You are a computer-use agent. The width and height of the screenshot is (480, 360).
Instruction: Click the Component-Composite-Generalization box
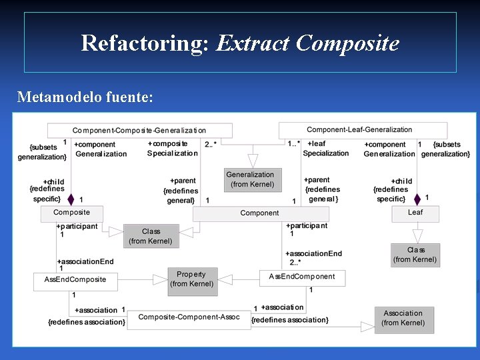139,131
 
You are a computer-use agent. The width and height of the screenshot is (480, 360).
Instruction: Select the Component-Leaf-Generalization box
359,130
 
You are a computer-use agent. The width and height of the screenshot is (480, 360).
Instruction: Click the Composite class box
72,213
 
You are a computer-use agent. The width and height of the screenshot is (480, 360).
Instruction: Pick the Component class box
259,213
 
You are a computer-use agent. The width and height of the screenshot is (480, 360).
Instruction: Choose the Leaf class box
415,213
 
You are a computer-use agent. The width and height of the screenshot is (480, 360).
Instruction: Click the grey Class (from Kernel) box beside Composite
150,236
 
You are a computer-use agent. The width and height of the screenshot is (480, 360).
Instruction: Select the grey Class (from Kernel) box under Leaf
415,255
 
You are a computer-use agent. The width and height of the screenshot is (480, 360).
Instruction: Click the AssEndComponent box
302,277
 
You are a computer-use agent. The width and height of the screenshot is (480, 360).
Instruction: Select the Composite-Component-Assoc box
189,318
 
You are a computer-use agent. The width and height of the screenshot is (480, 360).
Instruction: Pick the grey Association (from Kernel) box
403,318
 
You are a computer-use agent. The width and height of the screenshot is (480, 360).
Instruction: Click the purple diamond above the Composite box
71,198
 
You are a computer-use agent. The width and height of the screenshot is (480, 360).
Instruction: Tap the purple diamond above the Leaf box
417,199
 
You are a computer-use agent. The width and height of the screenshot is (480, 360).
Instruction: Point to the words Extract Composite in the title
307,43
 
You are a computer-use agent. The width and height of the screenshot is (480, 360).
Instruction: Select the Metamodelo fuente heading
85,97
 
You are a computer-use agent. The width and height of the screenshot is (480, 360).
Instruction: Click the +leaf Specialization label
325,148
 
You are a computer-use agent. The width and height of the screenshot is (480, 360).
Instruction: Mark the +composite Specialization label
172,148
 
